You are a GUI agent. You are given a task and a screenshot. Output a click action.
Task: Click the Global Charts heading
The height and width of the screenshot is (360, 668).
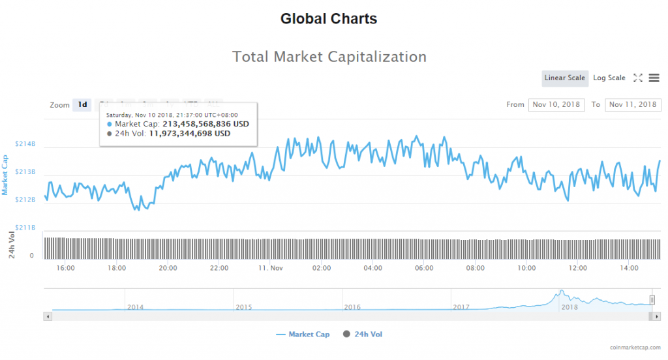(329, 19)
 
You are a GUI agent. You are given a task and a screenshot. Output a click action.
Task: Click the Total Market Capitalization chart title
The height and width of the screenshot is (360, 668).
(329, 57)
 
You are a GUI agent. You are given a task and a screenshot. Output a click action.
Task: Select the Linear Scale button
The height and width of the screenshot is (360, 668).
(564, 78)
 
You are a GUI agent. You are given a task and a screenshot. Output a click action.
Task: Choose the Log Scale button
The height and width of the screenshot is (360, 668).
(609, 78)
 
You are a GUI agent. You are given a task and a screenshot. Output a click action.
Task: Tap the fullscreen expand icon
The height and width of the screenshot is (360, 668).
(638, 78)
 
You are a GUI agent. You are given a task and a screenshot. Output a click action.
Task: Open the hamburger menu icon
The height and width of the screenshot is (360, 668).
(654, 78)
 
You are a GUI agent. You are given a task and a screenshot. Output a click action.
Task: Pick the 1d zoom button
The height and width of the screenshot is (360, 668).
(82, 105)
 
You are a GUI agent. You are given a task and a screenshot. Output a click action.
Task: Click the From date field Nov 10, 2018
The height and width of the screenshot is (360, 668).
(556, 105)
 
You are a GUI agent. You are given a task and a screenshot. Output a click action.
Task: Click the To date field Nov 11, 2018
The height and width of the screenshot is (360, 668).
(633, 105)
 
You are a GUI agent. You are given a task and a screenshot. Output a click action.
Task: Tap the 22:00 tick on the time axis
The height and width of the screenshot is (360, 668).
(219, 268)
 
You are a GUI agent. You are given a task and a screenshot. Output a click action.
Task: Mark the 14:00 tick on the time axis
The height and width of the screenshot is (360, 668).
(629, 268)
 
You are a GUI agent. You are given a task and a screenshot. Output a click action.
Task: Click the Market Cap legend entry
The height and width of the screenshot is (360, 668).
(303, 335)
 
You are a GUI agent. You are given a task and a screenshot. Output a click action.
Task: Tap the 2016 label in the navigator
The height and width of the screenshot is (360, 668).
(352, 307)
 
